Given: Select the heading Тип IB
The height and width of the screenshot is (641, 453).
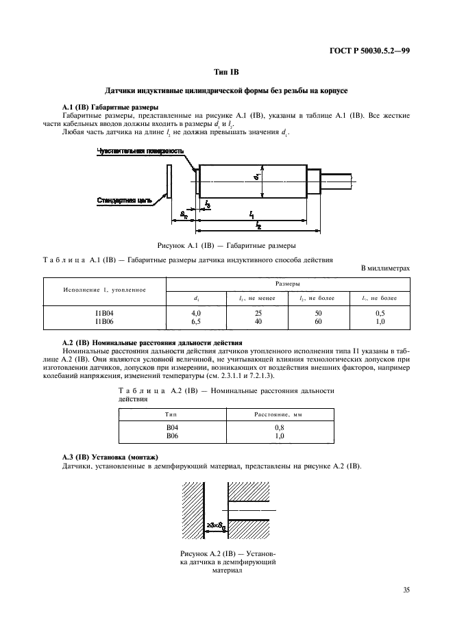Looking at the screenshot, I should (x=226, y=71).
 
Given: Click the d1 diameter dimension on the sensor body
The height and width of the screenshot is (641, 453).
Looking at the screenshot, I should (x=255, y=177).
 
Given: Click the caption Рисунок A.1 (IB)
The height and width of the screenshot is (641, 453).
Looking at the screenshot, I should (x=226, y=245).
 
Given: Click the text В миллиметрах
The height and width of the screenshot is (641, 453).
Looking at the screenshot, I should (x=385, y=268).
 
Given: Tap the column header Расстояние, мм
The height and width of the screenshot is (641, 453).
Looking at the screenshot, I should (x=278, y=415).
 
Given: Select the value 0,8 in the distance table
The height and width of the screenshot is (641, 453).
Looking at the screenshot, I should (x=278, y=427).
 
